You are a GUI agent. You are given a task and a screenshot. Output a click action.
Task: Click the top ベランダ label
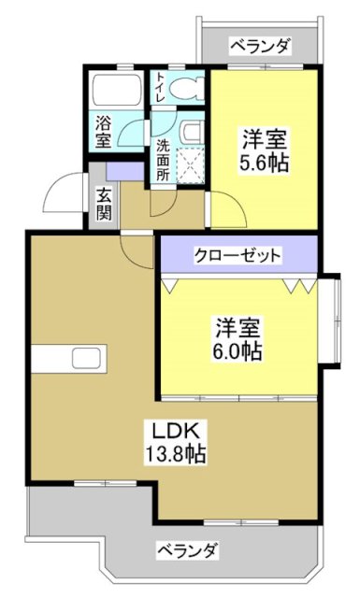[x=260, y=45]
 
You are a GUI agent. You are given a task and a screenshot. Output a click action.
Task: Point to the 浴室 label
[x=102, y=131]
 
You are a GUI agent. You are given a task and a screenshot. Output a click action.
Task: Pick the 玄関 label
[x=103, y=203]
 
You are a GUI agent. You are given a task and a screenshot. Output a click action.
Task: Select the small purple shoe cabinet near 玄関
[x=120, y=172]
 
